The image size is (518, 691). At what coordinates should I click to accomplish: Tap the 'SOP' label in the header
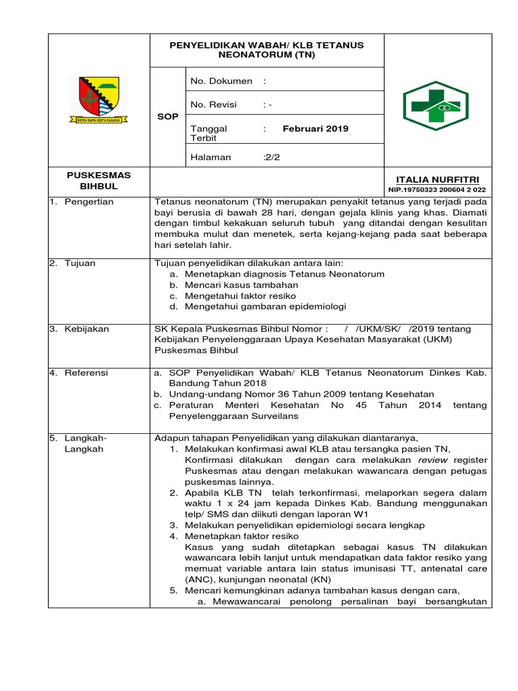click(168, 116)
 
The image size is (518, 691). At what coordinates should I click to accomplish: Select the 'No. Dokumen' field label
click(222, 81)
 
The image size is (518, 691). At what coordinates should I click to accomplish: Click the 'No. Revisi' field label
click(217, 105)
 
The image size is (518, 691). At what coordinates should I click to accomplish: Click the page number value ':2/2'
click(275, 157)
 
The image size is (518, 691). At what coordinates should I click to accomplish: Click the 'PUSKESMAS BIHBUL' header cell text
click(99, 180)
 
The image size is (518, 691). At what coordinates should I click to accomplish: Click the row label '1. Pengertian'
click(82, 202)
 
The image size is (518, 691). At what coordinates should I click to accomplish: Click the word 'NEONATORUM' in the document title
click(253, 55)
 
